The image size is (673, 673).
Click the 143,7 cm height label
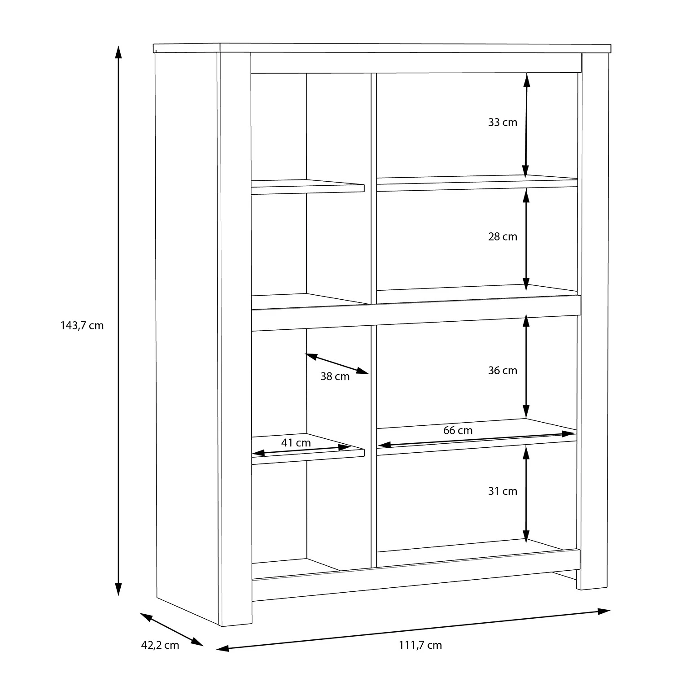click(82, 326)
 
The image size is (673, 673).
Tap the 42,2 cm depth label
click(160, 645)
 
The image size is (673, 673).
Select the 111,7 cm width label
click(420, 645)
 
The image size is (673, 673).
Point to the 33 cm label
click(503, 122)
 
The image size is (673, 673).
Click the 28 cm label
click(503, 236)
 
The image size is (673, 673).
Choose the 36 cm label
click(503, 370)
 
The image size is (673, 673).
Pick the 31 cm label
click(503, 491)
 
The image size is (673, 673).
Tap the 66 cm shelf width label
click(458, 431)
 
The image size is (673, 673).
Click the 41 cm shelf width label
click(296, 443)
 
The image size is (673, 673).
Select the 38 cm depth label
click(335, 376)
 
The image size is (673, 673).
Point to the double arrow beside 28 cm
click(526, 239)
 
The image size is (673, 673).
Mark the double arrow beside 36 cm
click(526, 366)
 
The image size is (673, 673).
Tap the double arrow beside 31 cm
click(526, 494)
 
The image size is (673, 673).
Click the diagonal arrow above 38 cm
click(337, 363)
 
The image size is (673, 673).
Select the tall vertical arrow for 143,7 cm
click(118, 320)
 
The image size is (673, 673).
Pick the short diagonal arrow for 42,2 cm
click(172, 629)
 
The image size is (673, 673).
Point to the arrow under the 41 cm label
click(301, 450)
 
